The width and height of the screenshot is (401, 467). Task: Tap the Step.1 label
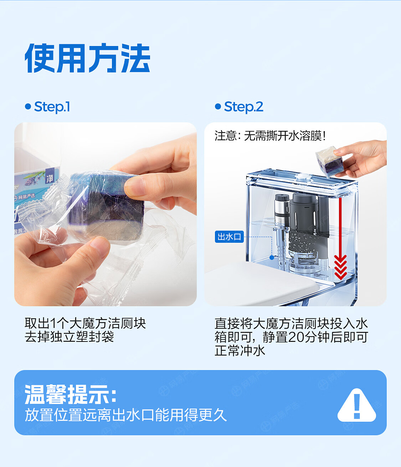pos(52,107)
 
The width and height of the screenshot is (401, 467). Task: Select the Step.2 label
pos(243,107)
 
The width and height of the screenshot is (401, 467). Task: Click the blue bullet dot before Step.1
pos(28,107)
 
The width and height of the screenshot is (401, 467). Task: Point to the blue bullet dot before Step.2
pos(218,107)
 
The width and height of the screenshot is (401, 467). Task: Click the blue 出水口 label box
pos(229,237)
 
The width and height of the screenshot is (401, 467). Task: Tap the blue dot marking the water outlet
pos(272,257)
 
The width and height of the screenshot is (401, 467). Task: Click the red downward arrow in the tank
pos(340,238)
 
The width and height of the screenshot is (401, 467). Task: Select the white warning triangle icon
pos(357,405)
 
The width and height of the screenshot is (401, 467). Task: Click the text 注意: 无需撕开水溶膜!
pos(270,136)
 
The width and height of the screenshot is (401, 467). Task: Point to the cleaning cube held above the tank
pos(329,161)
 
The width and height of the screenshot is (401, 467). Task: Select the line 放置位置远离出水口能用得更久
pos(125,415)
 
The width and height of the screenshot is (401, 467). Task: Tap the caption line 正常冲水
pos(240,350)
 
